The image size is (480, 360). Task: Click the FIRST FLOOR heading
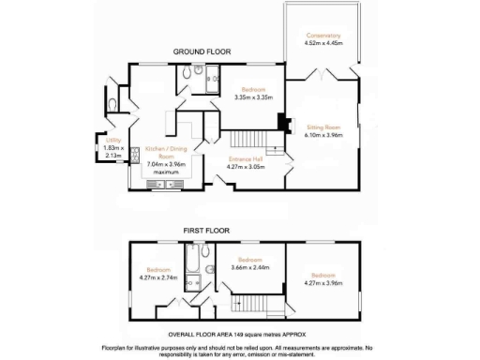(207, 230)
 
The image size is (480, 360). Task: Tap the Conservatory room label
(322, 35)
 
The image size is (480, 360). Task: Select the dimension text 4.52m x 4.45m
(322, 42)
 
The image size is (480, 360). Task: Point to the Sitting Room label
(323, 126)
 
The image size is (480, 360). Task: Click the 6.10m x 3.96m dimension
(323, 134)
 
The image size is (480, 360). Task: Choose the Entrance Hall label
(247, 158)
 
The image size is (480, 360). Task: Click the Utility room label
(112, 141)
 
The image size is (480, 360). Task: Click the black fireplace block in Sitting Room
(279, 122)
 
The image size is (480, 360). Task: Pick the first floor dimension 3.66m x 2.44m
(248, 267)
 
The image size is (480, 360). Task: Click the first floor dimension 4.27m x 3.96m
(324, 282)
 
